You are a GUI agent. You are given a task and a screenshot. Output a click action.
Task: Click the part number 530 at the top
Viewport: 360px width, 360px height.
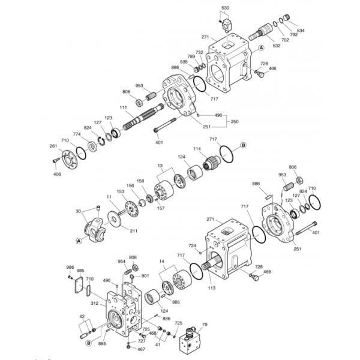225,8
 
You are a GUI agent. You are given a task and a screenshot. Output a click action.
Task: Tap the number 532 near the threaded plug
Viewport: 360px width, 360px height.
277,45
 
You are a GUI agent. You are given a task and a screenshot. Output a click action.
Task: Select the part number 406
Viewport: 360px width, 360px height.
57,174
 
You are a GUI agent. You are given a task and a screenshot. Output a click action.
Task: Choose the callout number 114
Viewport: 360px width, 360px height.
197,148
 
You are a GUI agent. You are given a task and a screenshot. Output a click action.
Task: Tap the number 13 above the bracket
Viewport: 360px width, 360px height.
160,165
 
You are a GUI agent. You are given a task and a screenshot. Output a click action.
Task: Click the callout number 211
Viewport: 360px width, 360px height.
133,230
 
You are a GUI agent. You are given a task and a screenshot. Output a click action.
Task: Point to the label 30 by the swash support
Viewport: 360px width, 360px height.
78,211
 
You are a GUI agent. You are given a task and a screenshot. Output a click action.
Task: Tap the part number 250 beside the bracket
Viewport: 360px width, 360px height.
234,121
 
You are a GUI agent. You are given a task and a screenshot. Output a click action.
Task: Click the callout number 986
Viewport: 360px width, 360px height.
70,267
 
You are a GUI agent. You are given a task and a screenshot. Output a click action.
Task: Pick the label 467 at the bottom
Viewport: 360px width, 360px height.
141,349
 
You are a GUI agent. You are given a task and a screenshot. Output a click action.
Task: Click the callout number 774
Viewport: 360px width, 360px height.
77,134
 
